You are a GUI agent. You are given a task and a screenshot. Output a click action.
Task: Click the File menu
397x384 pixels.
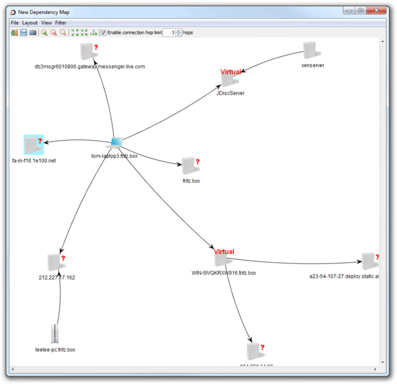(15, 22)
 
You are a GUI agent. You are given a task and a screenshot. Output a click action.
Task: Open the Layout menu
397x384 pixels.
(30, 22)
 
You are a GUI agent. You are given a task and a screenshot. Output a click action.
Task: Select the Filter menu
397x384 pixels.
(61, 22)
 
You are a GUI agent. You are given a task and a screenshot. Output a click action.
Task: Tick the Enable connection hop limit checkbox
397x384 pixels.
(104, 33)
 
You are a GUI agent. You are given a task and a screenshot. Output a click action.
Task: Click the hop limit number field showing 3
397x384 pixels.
(169, 33)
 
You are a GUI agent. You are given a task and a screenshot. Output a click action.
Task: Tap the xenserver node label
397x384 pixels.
(313, 65)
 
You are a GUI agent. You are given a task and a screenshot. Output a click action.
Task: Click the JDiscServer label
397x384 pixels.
(231, 93)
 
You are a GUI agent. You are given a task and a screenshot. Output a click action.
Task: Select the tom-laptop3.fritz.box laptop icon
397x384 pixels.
(116, 141)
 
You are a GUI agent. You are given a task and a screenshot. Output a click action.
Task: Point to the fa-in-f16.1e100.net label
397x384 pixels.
(34, 161)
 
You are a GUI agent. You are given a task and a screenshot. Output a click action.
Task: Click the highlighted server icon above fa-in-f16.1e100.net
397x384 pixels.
(32, 144)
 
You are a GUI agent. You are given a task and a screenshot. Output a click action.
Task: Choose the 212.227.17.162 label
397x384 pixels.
(57, 277)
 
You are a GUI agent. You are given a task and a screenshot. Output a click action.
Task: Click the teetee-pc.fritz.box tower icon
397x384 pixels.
(54, 333)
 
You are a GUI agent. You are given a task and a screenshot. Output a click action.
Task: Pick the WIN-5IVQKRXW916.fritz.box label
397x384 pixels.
(224, 273)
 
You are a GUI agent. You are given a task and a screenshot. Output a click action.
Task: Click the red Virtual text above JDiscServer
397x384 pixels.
(231, 72)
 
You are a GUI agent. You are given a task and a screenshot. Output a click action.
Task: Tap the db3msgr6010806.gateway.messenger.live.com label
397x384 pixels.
(90, 67)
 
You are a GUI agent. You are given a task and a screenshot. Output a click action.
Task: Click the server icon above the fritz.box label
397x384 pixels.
(189, 166)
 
